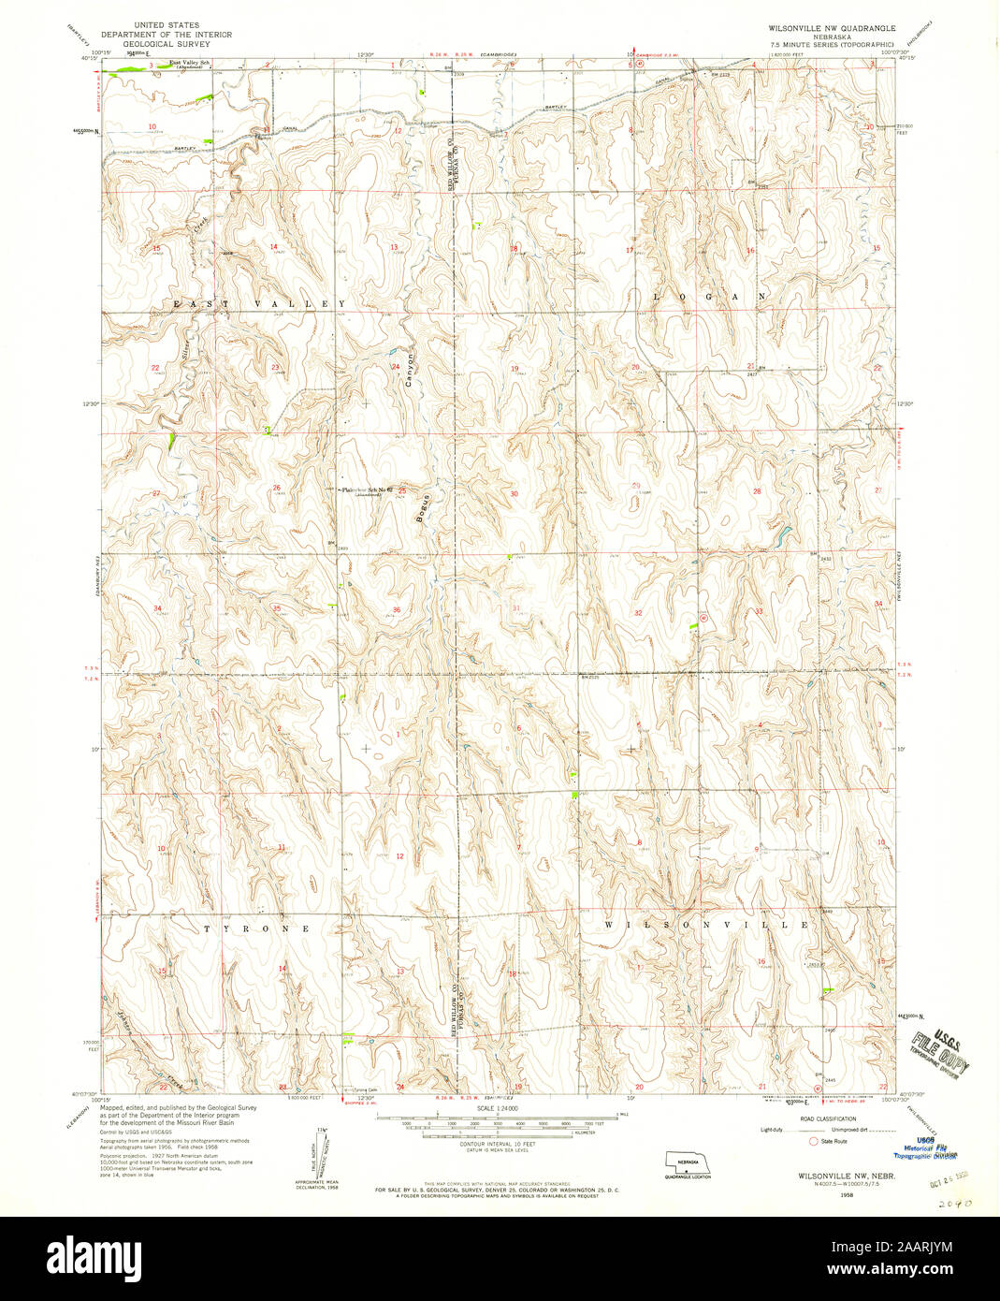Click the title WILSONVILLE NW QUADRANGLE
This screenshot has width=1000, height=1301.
click(832, 29)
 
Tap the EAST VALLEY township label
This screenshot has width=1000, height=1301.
click(258, 304)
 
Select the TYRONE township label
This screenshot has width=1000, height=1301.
click(257, 928)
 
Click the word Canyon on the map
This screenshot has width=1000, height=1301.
click(409, 370)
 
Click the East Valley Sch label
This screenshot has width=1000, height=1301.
click(188, 64)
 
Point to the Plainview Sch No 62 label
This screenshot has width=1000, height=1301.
click(365, 490)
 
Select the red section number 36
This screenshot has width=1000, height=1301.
click(398, 610)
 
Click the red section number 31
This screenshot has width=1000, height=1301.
click(516, 608)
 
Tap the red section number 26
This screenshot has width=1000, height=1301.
click(276, 488)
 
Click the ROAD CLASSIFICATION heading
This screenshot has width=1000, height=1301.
click(820, 1118)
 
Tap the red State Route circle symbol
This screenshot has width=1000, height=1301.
click(813, 1142)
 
